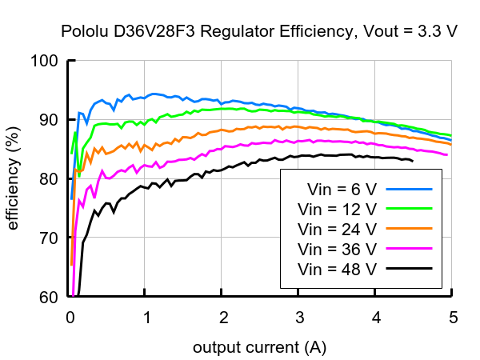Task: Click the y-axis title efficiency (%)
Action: coord(14,178)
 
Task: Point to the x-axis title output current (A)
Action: coord(259,348)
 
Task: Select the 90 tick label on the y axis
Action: coord(48,120)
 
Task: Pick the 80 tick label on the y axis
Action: coord(48,179)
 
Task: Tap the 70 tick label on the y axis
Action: coord(48,238)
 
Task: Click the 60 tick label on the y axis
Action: coord(48,297)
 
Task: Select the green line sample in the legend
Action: coord(409,210)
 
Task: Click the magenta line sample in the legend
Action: coord(409,249)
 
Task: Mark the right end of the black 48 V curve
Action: coord(413,161)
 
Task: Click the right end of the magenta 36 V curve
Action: coord(446,154)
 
